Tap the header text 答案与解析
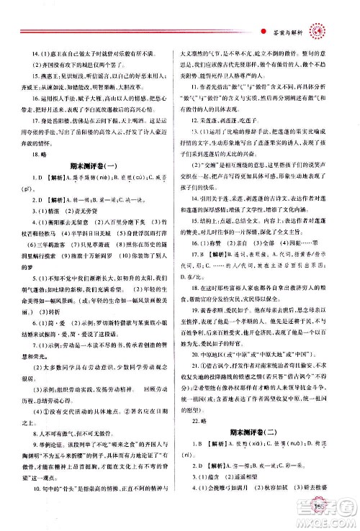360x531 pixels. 288,29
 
